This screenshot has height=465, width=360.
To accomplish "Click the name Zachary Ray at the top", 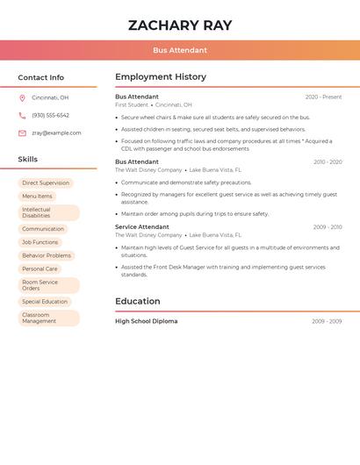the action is pyautogui.click(x=180, y=25).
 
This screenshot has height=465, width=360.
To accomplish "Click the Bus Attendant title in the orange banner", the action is pyautogui.click(x=180, y=51).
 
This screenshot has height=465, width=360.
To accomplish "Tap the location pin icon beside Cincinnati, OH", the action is pyautogui.click(x=22, y=98).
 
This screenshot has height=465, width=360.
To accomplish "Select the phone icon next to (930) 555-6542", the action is pyautogui.click(x=22, y=116).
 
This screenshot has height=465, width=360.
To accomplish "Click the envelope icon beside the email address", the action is pyautogui.click(x=22, y=133).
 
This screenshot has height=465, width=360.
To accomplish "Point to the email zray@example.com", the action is pyautogui.click(x=56, y=133).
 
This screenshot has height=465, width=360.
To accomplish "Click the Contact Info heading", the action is pyautogui.click(x=41, y=77).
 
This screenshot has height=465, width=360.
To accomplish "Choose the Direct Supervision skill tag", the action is pyautogui.click(x=46, y=183).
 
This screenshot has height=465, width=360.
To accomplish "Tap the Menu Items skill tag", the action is pyautogui.click(x=37, y=197).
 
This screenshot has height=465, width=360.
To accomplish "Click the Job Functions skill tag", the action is pyautogui.click(x=40, y=242).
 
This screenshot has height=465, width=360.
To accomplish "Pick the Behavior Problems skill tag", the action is pyautogui.click(x=47, y=255).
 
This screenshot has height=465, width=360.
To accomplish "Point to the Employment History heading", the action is pyautogui.click(x=161, y=77).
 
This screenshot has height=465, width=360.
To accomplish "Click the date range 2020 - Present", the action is pyautogui.click(x=323, y=97).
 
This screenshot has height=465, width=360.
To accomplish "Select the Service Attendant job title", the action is pyautogui.click(x=142, y=227).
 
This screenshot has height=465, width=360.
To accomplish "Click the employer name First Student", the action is pyautogui.click(x=132, y=105).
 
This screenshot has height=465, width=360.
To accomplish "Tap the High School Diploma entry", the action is pyautogui.click(x=147, y=321).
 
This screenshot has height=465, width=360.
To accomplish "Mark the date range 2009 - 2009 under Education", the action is pyautogui.click(x=327, y=322).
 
